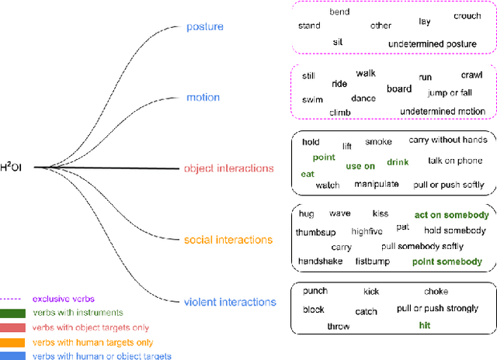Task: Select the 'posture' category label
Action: click(205, 27)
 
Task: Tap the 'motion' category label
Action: click(203, 98)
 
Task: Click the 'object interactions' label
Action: click(229, 168)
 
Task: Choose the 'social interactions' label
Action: click(228, 240)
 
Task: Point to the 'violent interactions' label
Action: click(231, 302)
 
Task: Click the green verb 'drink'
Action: click(398, 163)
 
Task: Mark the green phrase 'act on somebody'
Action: click(451, 215)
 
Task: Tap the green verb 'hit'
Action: click(425, 325)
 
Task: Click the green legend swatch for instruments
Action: click(14, 313)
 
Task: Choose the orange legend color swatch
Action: click(14, 342)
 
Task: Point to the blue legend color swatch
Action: click(14, 356)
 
